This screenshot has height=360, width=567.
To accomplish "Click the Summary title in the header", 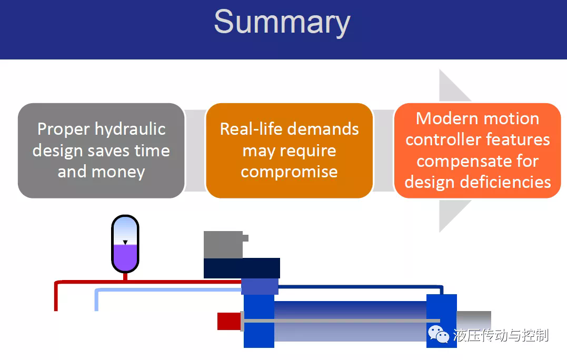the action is click(x=282, y=23).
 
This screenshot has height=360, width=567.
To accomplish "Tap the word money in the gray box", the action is click(x=118, y=172).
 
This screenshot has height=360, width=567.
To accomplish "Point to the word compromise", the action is click(x=289, y=173).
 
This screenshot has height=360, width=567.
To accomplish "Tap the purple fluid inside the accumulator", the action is click(x=125, y=257).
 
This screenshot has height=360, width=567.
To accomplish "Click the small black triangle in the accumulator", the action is click(x=125, y=242).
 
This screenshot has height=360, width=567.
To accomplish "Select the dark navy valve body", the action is click(x=242, y=268).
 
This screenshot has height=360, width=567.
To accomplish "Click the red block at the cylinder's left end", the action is click(x=229, y=322).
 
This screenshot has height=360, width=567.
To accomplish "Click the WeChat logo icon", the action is click(x=438, y=334).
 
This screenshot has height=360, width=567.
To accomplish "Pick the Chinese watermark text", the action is click(x=501, y=335).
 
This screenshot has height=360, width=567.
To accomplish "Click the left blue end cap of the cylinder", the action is click(x=259, y=321).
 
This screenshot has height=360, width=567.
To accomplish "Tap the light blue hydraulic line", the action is click(x=168, y=290).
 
